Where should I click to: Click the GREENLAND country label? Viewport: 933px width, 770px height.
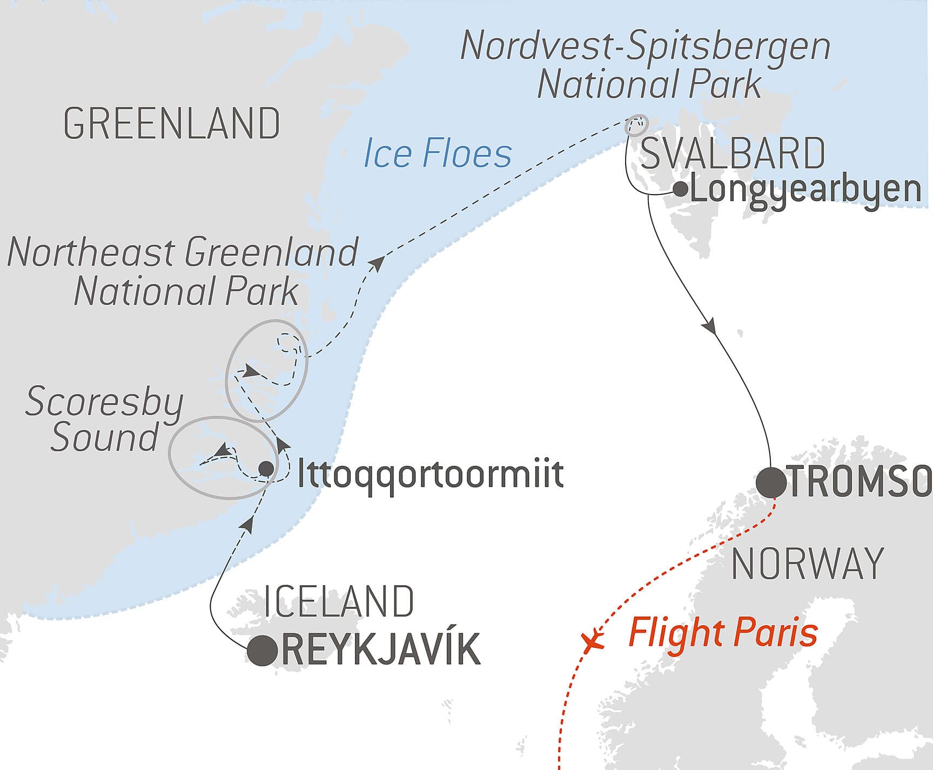click(x=172, y=124)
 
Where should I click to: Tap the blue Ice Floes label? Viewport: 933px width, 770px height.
click(x=438, y=153)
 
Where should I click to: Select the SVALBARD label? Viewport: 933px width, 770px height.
click(x=733, y=153)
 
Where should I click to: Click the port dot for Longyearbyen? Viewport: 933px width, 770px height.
click(x=681, y=189)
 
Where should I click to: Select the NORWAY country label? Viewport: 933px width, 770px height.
click(x=807, y=563)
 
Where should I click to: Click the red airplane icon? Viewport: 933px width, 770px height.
click(x=593, y=639)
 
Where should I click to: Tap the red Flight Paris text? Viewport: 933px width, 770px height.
click(x=723, y=633)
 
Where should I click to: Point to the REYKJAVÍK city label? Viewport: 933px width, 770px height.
click(x=381, y=650)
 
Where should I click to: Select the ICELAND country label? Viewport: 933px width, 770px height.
click(x=339, y=601)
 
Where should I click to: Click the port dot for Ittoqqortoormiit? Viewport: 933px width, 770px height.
click(x=266, y=468)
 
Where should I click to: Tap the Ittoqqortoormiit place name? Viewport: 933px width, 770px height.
click(x=431, y=474)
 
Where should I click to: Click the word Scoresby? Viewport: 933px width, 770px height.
click(x=104, y=403)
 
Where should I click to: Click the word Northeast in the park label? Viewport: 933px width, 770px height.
click(x=91, y=252)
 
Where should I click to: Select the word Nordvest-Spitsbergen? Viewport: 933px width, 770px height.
click(x=645, y=46)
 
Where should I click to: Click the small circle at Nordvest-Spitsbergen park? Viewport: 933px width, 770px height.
click(x=636, y=125)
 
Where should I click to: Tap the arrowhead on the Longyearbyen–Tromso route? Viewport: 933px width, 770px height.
click(x=709, y=327)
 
